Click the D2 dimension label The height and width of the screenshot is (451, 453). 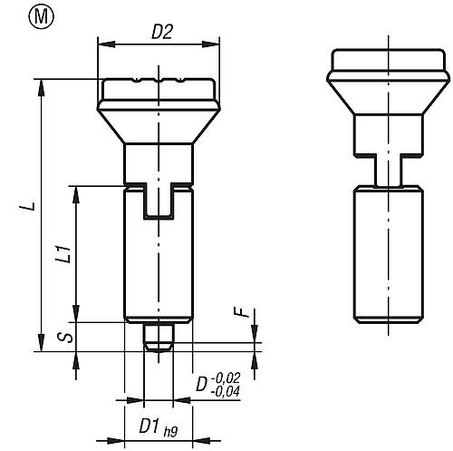162,34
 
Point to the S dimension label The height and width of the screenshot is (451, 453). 61,338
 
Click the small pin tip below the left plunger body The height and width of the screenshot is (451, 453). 159,334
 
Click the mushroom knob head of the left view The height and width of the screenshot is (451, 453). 159,104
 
